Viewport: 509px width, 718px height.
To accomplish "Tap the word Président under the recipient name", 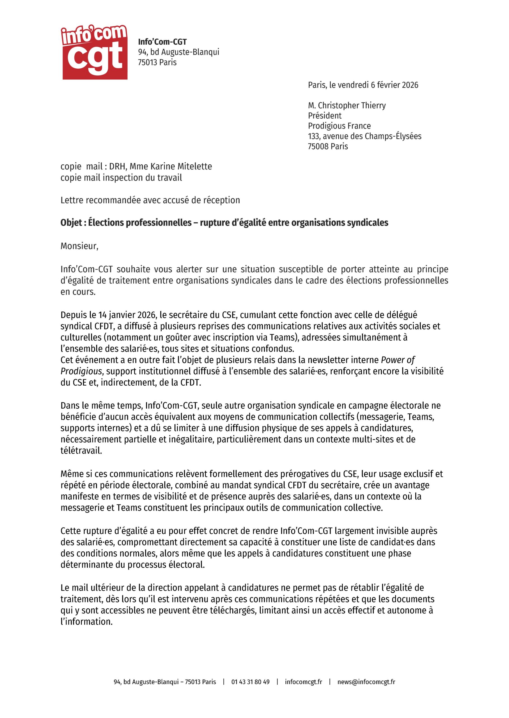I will [324, 116].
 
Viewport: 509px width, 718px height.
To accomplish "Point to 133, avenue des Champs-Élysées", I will [364, 136].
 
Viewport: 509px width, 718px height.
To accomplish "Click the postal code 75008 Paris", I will [327, 146].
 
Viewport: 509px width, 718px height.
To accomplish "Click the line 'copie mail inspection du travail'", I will [121, 178].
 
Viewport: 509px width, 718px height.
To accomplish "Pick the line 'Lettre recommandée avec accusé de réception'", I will [150, 200].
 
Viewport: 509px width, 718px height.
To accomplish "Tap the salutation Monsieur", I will [79, 246].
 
